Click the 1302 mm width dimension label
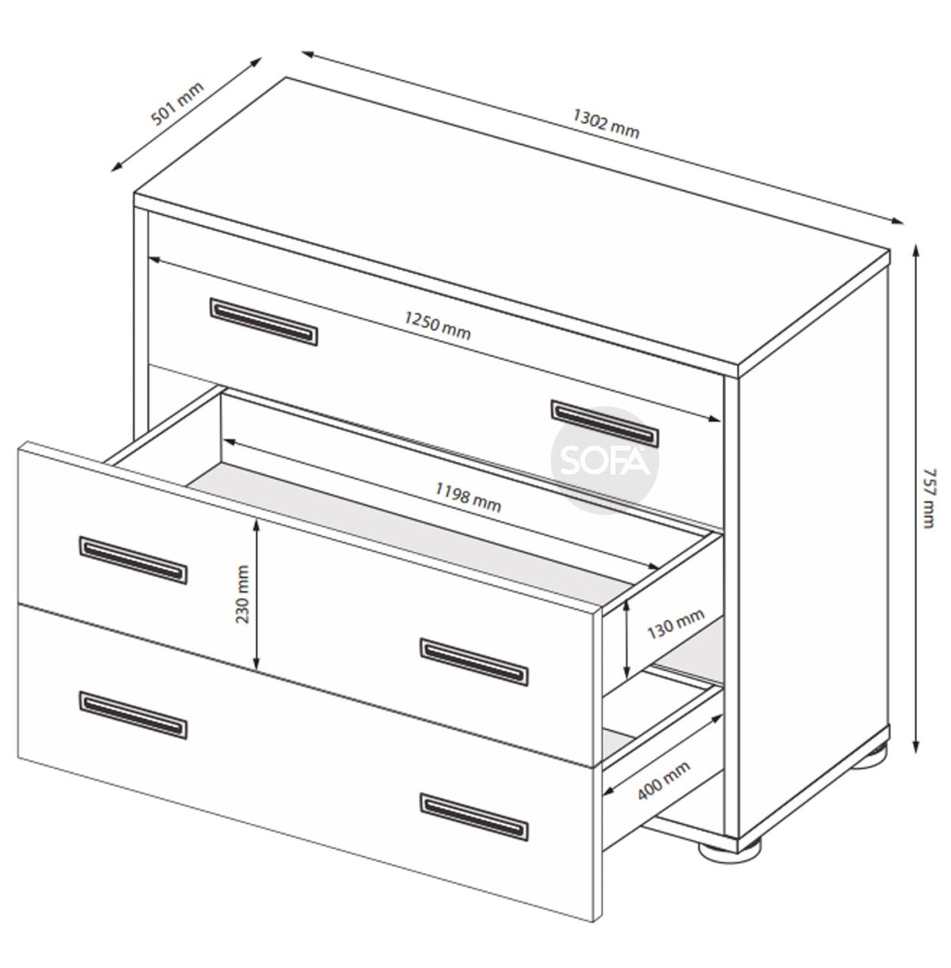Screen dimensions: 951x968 tap(606, 124)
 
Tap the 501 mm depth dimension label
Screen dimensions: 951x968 tap(178, 104)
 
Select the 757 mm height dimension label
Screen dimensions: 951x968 tap(930, 498)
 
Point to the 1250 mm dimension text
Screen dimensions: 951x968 tap(437, 326)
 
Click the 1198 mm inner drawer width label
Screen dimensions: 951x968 tap(468, 497)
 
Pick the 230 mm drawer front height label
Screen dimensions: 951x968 tap(243, 595)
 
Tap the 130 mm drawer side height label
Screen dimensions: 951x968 tap(676, 623)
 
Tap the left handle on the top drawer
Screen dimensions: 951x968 tap(264, 322)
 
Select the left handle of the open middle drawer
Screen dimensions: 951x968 tap(133, 560)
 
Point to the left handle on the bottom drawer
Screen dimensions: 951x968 tap(133, 715)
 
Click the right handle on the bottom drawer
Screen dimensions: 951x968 tap(474, 817)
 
